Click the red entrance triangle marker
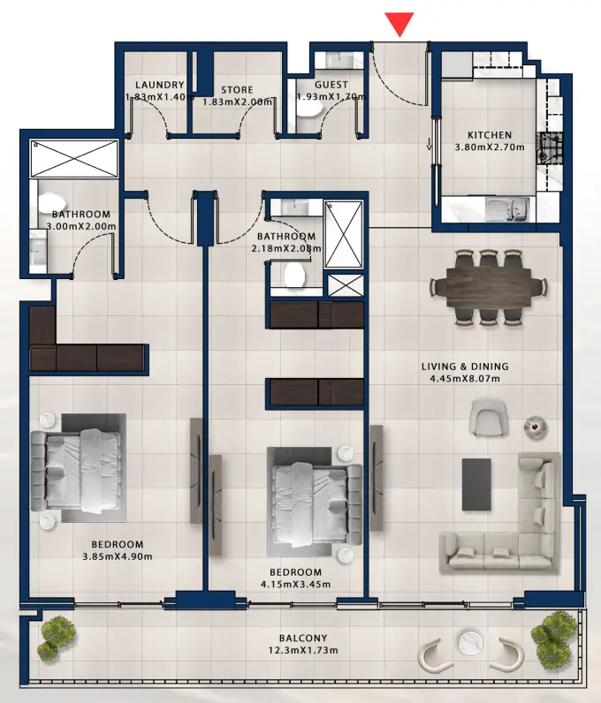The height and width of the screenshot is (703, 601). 400,25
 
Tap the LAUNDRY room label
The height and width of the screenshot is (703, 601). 159,85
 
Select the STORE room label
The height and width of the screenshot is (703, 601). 237,90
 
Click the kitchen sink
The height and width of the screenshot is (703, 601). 509,210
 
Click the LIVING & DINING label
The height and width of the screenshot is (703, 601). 465,367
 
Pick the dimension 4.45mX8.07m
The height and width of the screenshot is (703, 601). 465,382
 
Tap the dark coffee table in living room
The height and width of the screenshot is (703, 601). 477,484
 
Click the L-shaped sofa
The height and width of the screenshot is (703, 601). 521,530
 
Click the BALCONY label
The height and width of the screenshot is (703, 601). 303,639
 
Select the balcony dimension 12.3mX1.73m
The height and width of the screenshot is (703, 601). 303,652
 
